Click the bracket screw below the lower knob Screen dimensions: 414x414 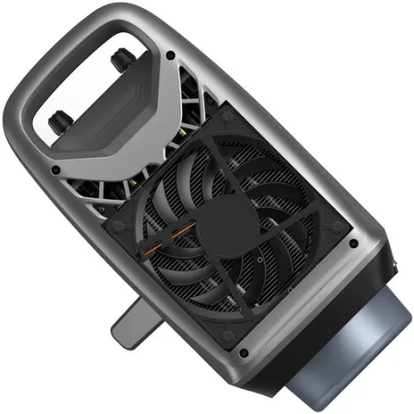55,171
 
